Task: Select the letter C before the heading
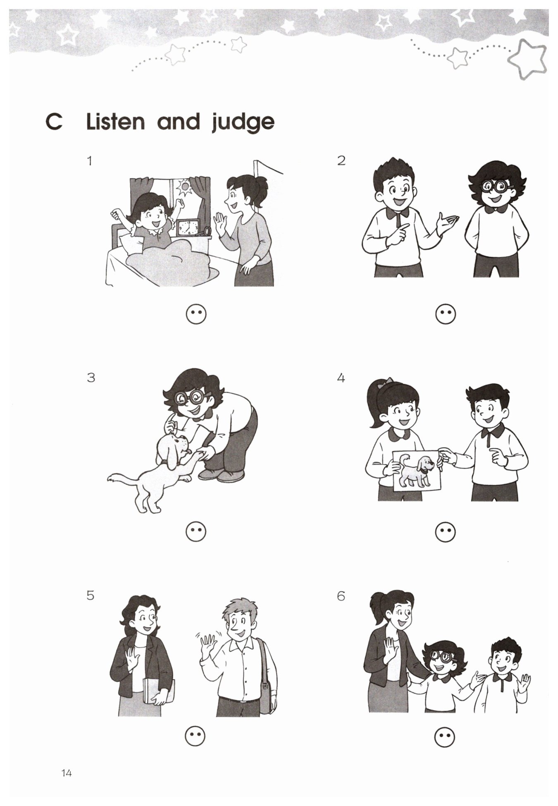(54, 122)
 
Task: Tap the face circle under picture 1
(196, 315)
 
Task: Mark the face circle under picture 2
(446, 314)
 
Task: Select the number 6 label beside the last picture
(341, 596)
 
